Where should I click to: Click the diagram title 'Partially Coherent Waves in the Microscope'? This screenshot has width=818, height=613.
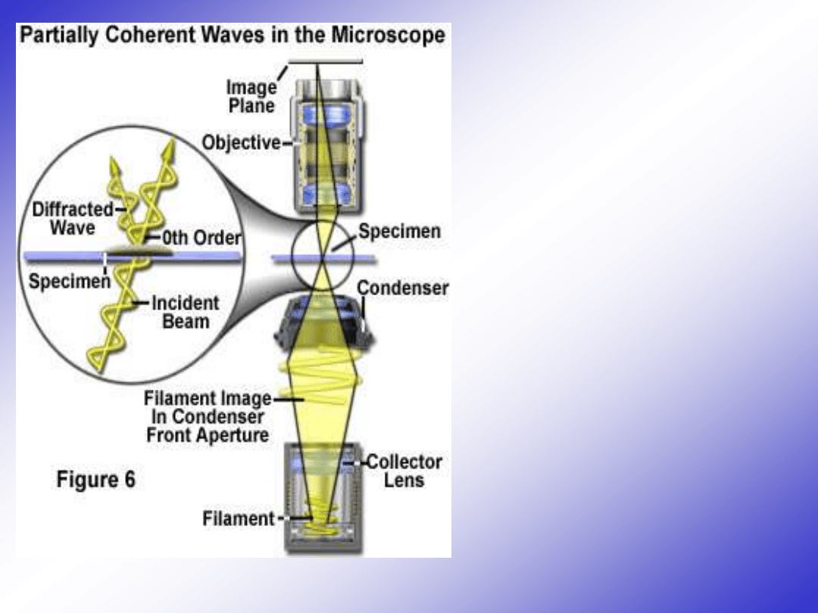click(x=232, y=36)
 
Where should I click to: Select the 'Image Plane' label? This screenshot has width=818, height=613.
click(x=251, y=96)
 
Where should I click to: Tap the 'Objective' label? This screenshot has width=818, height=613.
click(x=241, y=142)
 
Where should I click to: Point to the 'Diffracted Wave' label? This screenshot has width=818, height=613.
click(x=73, y=218)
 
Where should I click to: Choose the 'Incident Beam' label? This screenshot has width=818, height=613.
click(x=186, y=312)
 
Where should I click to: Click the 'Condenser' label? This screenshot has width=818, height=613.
click(x=402, y=288)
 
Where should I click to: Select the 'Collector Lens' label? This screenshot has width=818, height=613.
click(x=404, y=471)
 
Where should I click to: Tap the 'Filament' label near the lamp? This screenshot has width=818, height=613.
click(x=238, y=519)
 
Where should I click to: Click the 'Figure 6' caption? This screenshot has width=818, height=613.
click(x=96, y=480)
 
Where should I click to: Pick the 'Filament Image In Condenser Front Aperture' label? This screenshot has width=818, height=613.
click(x=208, y=416)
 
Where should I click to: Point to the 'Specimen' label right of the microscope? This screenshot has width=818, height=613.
click(x=399, y=232)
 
